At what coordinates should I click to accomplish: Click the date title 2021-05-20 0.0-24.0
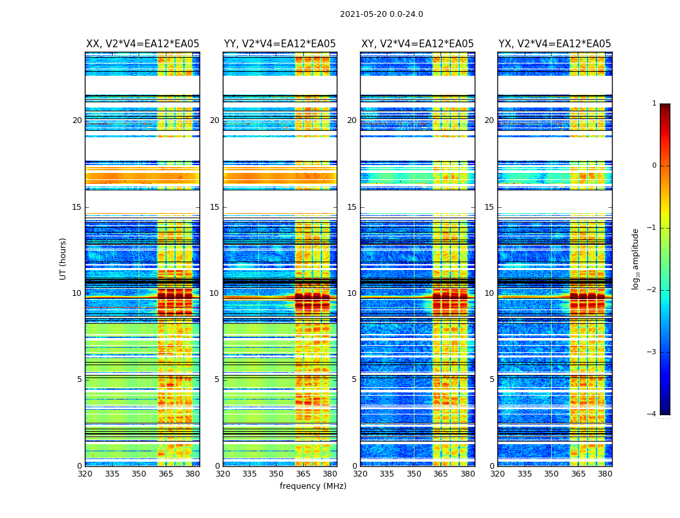(x=381, y=14)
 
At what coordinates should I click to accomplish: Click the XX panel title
(x=142, y=44)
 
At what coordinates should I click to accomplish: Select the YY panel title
(x=280, y=44)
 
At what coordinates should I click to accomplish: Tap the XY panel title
(x=417, y=44)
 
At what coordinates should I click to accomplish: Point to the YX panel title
(x=554, y=44)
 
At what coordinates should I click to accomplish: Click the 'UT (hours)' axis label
(x=63, y=258)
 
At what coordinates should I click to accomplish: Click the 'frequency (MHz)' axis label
(x=313, y=486)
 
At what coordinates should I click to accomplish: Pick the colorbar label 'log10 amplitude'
(x=636, y=258)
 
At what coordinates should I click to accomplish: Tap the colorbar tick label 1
(x=653, y=104)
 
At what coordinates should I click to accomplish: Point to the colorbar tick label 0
(x=653, y=166)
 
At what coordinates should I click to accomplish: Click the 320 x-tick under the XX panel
(x=85, y=474)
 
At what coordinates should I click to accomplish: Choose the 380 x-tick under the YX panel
(x=605, y=474)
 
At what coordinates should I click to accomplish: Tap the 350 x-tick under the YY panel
(x=277, y=474)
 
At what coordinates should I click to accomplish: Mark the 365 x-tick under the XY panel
(x=440, y=474)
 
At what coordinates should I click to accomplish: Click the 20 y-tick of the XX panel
(x=77, y=120)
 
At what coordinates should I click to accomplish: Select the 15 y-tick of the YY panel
(x=214, y=207)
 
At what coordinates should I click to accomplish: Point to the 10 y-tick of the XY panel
(x=352, y=293)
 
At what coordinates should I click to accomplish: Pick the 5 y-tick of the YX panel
(x=492, y=379)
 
